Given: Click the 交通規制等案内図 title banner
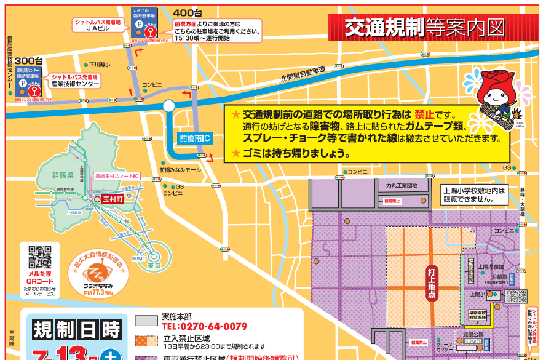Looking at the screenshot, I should [424, 28].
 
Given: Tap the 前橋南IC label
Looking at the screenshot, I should [194, 138].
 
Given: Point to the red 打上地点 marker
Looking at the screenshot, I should [432, 282].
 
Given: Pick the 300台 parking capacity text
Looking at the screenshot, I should [28, 61].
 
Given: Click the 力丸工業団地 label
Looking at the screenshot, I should [402, 185].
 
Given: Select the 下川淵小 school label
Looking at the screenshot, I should [99, 64].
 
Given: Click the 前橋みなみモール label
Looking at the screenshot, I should [180, 170].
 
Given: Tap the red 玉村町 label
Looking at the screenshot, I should [113, 199].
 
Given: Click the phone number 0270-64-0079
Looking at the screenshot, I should [204, 327].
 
